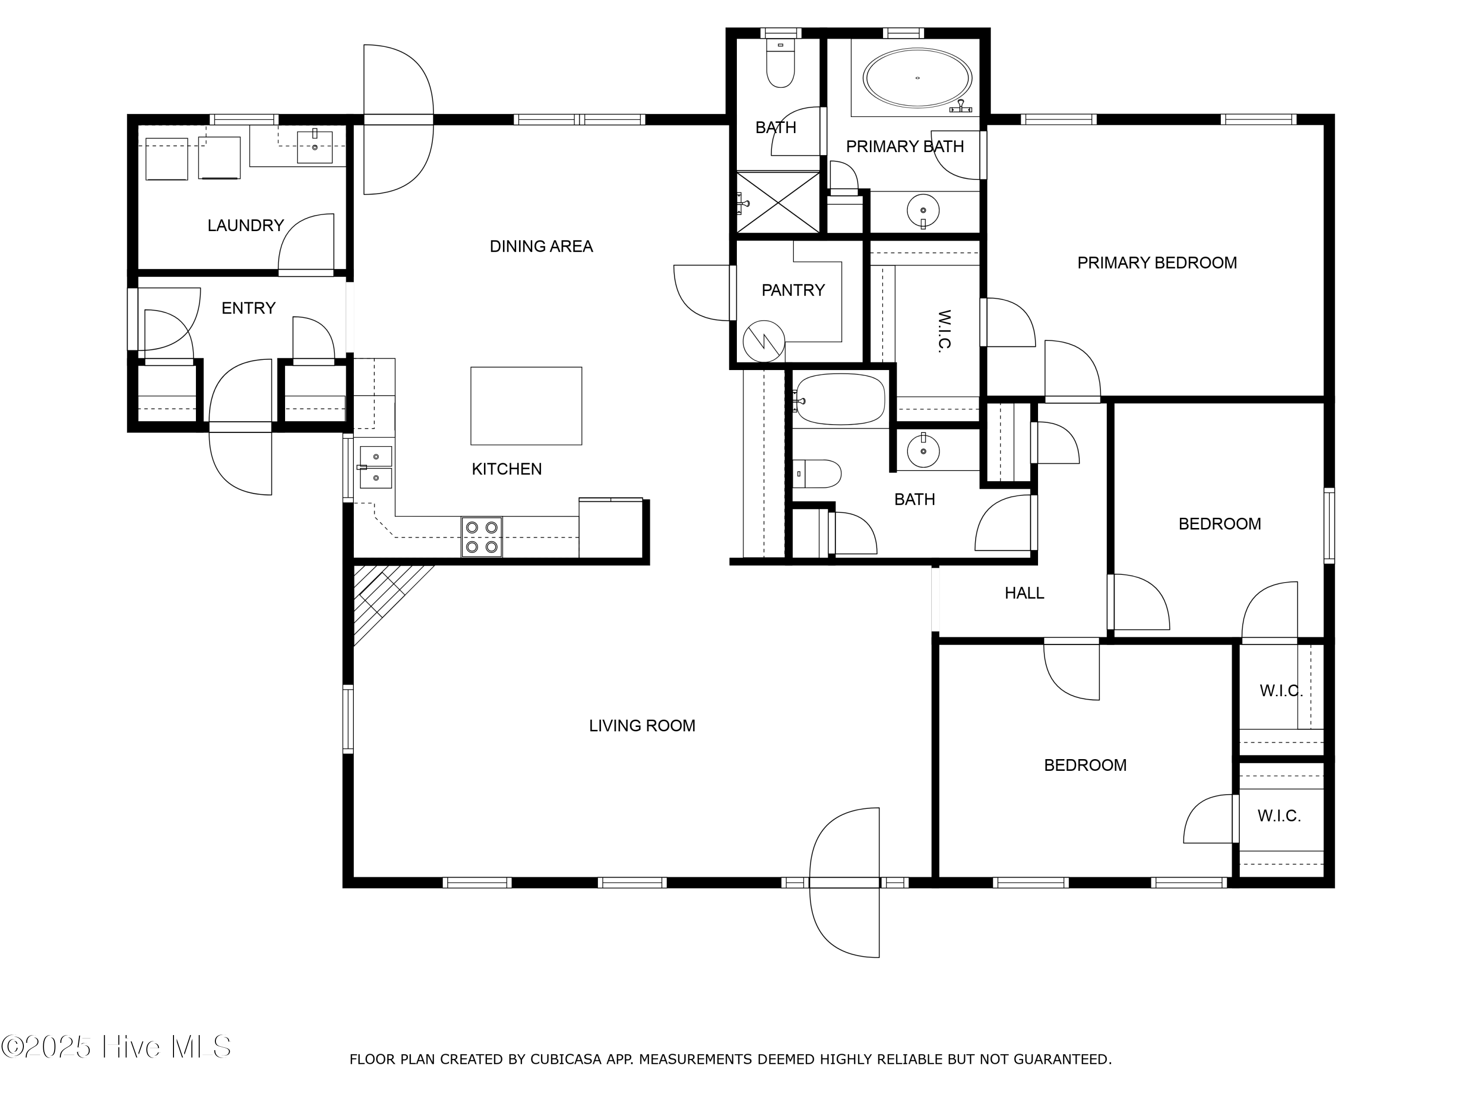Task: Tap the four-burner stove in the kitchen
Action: click(481, 537)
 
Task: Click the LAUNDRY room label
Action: click(245, 225)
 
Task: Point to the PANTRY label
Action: click(792, 290)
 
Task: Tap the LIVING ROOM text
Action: click(642, 726)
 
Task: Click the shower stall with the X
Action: click(778, 202)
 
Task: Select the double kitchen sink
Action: click(375, 467)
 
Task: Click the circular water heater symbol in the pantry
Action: click(763, 341)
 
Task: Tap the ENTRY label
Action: click(248, 308)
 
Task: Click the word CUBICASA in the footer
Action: click(565, 1060)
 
